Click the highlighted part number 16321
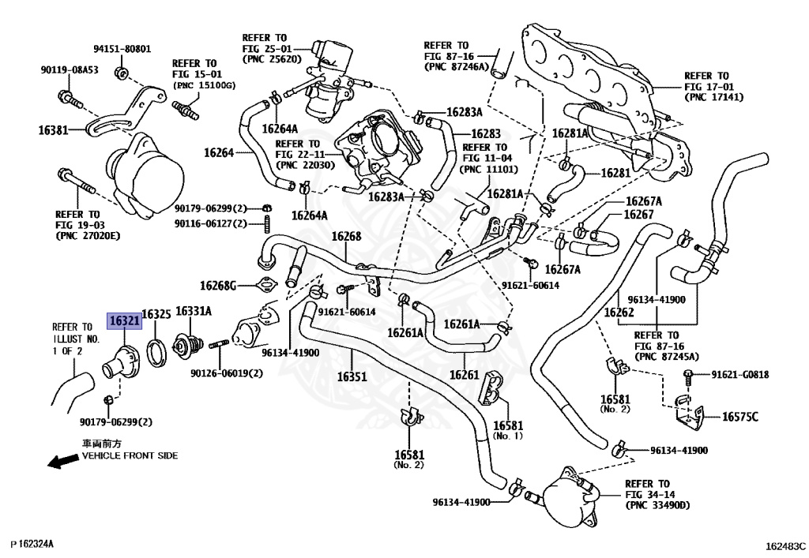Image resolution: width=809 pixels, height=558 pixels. coord(124,321)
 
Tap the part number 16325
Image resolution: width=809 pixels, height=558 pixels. coord(156,314)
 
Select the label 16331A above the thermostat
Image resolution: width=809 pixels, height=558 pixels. coord(194,311)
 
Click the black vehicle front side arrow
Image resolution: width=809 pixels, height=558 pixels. coord(63,461)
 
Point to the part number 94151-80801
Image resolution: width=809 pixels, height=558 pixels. coord(122,49)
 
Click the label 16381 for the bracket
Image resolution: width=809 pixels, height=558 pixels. coord(53,130)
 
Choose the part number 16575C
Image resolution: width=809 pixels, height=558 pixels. coord(739,416)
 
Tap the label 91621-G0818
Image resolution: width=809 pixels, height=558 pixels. coord(739,375)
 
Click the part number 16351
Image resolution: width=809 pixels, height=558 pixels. coord(352,376)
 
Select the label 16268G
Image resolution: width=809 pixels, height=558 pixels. coord(218,286)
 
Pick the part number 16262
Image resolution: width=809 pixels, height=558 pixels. coord(619,313)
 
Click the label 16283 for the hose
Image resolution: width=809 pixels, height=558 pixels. coord(486,134)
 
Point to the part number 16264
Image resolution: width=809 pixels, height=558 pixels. coord(219,152)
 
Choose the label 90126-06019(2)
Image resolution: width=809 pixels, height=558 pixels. coord(227,373)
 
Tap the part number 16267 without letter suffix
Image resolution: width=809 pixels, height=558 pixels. coord(638,215)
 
